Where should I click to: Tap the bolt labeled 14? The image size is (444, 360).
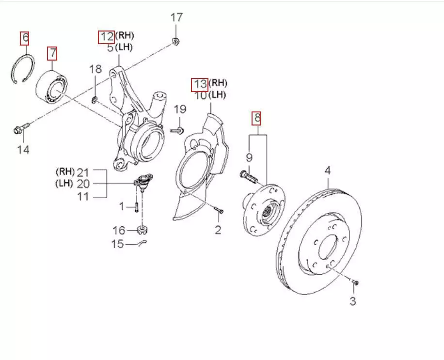20,129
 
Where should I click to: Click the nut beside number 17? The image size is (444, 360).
176,41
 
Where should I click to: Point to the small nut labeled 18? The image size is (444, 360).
95,100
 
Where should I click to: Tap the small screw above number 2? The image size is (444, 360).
219,211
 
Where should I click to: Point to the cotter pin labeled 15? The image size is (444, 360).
140,242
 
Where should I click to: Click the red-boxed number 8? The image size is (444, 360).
257,117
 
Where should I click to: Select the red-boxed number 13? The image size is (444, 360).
200,84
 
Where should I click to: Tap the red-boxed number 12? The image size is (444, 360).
106,36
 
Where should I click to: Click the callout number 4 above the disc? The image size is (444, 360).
328,170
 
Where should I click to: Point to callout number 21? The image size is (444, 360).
84,172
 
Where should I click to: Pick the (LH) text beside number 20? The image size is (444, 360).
64,183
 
